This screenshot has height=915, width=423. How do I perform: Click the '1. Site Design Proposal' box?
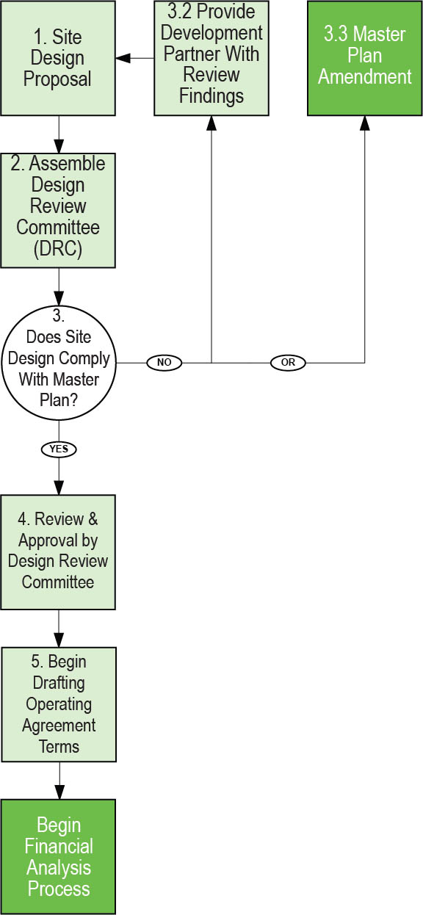[x=58, y=58]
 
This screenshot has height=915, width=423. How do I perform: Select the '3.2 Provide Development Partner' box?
[x=211, y=58]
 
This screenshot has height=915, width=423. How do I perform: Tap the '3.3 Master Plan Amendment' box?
[x=364, y=58]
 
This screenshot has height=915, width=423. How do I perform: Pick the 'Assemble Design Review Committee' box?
[x=58, y=210]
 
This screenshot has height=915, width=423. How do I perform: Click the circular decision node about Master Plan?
[x=59, y=363]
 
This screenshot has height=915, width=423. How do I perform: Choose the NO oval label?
[x=164, y=362]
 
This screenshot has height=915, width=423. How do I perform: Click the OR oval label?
[x=288, y=362]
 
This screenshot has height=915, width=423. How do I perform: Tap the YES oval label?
[x=59, y=449]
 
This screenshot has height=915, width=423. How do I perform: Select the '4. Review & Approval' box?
[x=58, y=552]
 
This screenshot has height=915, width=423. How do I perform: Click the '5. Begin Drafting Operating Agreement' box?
[x=59, y=705]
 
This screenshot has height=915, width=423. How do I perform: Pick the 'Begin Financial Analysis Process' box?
[x=58, y=856]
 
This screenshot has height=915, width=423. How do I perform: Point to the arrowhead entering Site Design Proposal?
[x=123, y=58]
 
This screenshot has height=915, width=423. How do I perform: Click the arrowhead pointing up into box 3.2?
[x=211, y=123]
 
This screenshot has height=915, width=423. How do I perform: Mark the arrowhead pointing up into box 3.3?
[x=364, y=123]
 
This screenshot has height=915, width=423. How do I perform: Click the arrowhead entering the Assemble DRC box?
[x=59, y=146]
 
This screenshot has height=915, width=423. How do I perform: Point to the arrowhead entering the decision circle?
[x=59, y=298]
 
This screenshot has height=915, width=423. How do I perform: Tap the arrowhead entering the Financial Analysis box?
[x=59, y=792]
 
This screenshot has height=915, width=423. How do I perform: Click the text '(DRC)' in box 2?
[x=58, y=248]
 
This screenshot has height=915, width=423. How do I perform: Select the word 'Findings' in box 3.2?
[x=211, y=96]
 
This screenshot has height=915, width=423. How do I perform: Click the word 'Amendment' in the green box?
[x=364, y=77]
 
